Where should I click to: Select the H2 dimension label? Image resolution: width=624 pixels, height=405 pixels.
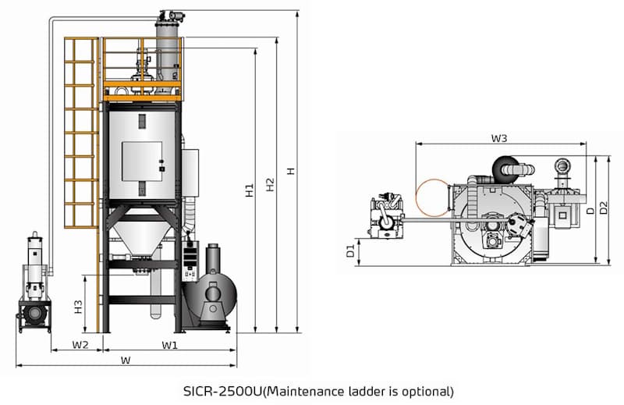tap(270, 185)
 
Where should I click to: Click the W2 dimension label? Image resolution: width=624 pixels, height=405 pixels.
tap(80, 344)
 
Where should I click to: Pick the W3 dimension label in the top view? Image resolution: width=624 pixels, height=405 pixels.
tap(499, 138)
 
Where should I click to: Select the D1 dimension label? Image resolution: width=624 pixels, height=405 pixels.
tap(351, 252)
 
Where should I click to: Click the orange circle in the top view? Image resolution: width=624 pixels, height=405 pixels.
tap(431, 197)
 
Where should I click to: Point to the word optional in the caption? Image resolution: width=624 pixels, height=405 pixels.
tap(422, 390)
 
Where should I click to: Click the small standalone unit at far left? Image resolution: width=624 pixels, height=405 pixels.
tap(33, 285)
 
